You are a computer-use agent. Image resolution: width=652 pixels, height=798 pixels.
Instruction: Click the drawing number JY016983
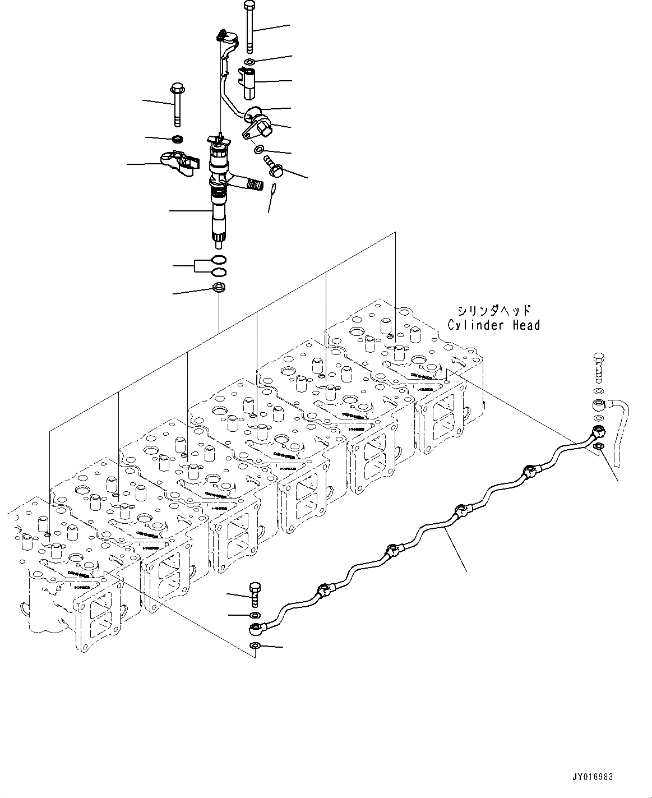(593, 777)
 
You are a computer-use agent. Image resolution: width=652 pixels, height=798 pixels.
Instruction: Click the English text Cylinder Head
(493, 325)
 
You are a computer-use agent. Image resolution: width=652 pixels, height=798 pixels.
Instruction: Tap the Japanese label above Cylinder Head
(493, 310)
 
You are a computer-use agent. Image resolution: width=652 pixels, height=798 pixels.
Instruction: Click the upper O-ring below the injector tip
(219, 260)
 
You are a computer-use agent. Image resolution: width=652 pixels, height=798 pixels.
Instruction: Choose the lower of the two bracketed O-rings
(219, 273)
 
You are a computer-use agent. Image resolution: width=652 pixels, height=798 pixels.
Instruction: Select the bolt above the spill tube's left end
(255, 593)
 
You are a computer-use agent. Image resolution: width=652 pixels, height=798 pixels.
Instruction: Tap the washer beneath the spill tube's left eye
(255, 645)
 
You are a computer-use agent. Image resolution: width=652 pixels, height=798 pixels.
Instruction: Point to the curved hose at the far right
(619, 426)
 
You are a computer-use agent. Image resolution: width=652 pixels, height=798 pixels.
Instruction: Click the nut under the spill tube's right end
(598, 446)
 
